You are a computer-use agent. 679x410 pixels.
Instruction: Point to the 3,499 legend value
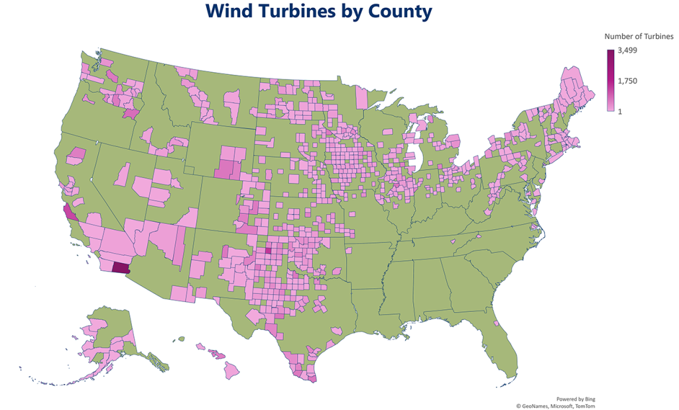click(x=628, y=50)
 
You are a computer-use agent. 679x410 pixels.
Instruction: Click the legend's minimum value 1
click(x=620, y=111)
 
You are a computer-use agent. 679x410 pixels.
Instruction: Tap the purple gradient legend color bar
click(x=610, y=81)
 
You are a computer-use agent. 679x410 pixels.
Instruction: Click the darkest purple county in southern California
click(x=120, y=268)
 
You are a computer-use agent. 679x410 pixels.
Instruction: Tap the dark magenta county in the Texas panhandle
click(x=269, y=250)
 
